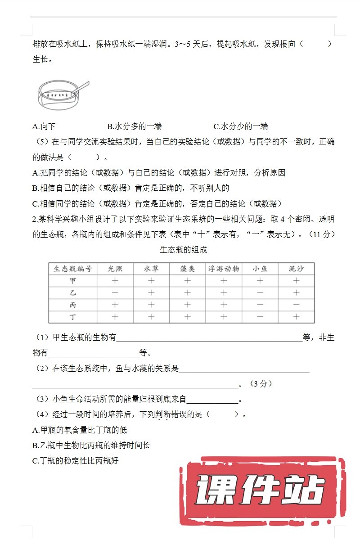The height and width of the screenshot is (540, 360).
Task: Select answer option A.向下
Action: pyautogui.click(x=44, y=126)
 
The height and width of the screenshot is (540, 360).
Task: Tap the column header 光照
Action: pyautogui.click(x=115, y=269)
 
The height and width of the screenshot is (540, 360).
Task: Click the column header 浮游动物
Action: pyautogui.click(x=224, y=269)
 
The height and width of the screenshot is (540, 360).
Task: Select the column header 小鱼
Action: pyautogui.click(x=260, y=269)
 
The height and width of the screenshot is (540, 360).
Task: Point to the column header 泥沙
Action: pyautogui.click(x=296, y=269)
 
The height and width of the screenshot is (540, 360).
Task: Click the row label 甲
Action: pyautogui.click(x=73, y=281)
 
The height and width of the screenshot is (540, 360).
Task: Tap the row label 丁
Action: pyautogui.click(x=73, y=317)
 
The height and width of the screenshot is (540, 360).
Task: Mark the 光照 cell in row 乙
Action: pyautogui.click(x=115, y=293)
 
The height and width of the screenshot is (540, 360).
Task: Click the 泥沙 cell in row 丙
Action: pyautogui.click(x=296, y=305)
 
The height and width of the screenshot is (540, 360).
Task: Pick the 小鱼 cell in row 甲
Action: pyautogui.click(x=260, y=281)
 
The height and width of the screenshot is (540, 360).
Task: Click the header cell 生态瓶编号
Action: pyautogui.click(x=73, y=269)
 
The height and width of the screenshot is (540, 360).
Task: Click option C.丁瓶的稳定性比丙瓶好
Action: pyautogui.click(x=75, y=461)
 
